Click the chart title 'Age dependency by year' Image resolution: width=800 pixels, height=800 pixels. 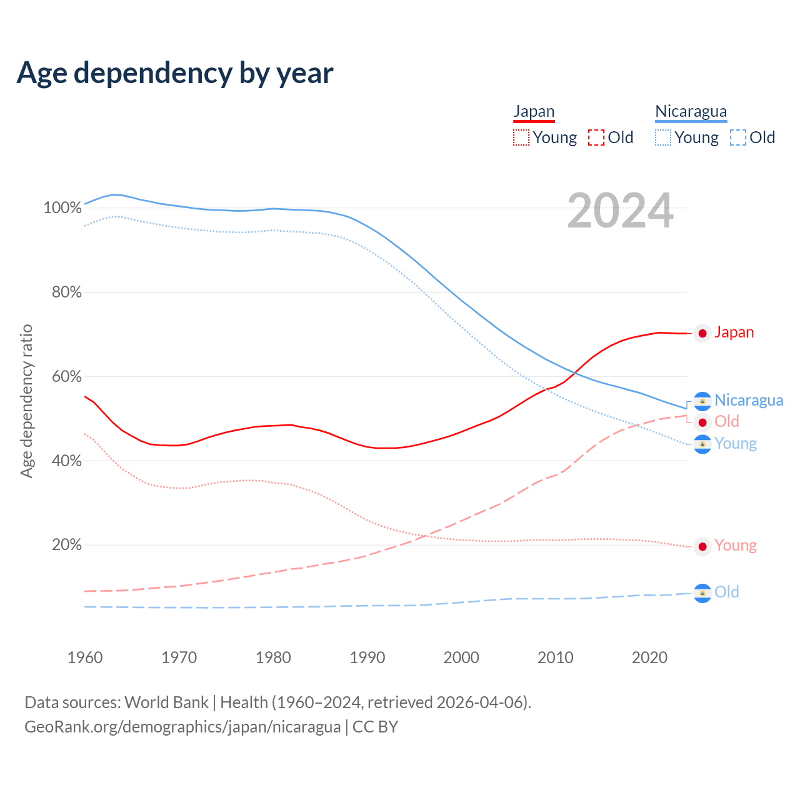(175, 73)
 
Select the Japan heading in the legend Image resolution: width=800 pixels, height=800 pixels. (534, 112)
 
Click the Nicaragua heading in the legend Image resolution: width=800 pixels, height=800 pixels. (691, 112)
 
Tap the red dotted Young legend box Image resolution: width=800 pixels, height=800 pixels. (521, 137)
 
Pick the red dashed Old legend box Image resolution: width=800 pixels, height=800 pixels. (596, 137)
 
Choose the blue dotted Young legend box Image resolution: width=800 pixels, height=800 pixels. (663, 137)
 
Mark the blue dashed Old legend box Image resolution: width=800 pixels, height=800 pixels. (738, 137)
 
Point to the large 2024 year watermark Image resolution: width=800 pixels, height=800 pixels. (620, 211)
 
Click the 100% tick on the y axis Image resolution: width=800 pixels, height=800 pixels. (62, 207)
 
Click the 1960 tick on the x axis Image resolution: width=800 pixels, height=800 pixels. (85, 657)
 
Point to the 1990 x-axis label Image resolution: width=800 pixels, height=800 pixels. (367, 657)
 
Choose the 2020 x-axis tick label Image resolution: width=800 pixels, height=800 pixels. (649, 657)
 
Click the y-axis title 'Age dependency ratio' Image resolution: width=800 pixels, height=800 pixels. (26, 401)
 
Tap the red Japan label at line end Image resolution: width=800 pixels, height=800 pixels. (734, 332)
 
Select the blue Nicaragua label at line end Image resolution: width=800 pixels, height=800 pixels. (748, 400)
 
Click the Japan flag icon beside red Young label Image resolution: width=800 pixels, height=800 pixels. (702, 547)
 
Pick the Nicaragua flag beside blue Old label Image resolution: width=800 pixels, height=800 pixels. (702, 593)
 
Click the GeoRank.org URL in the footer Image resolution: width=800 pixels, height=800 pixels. (182, 727)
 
